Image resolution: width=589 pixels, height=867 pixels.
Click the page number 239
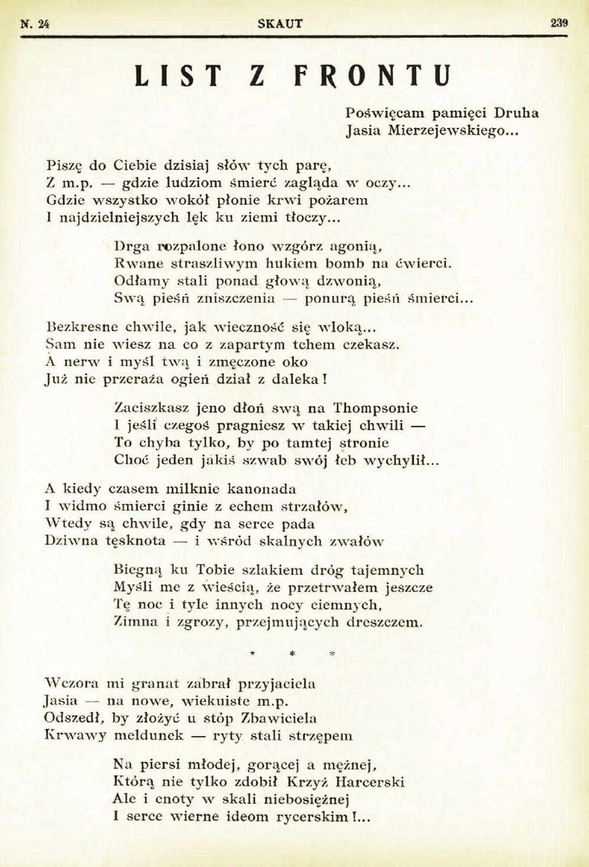(x=558, y=24)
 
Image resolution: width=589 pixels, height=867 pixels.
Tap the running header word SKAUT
(x=281, y=24)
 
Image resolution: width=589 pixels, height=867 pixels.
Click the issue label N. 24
(x=34, y=24)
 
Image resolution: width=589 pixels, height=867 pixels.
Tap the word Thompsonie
(x=375, y=407)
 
